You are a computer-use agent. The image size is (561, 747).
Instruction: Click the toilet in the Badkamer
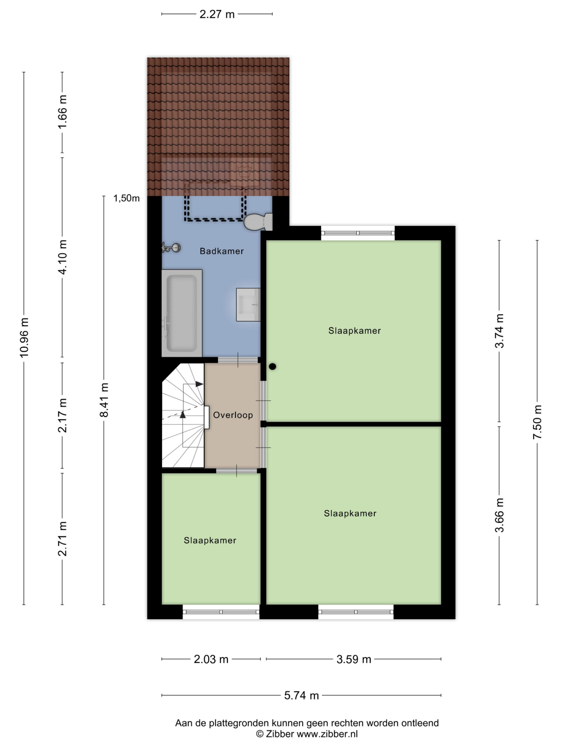[x=258, y=221]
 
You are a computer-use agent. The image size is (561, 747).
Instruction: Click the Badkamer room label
[x=221, y=251]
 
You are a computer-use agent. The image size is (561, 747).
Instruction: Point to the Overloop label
[x=233, y=415]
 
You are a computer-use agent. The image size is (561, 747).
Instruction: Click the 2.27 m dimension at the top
[x=217, y=14]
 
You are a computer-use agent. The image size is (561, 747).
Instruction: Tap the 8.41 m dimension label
[x=104, y=400]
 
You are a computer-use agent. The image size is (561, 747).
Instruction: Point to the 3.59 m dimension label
[x=354, y=659]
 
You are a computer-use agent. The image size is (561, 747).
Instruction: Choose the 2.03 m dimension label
[x=211, y=659]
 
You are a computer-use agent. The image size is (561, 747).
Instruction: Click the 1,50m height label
[x=127, y=198]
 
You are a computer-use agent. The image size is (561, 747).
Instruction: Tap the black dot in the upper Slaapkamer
[x=273, y=366]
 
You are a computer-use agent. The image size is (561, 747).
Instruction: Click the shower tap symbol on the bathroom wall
[x=171, y=247]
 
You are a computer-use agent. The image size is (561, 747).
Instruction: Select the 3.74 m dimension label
[x=499, y=331]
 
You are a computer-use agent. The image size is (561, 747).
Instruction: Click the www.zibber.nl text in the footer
[x=327, y=734]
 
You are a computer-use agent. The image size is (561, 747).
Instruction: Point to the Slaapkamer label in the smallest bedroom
[x=210, y=540]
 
